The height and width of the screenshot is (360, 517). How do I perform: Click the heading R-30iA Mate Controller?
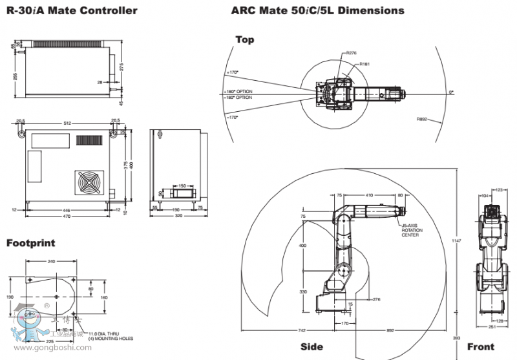pos(72,10)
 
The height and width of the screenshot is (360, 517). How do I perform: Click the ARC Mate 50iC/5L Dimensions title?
pos(317,10)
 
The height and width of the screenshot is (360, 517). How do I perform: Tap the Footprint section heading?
pos(30,243)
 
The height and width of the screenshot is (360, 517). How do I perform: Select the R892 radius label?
pos(423,119)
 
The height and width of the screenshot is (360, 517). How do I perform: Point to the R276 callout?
pos(351,53)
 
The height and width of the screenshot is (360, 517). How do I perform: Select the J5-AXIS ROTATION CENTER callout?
pos(412,230)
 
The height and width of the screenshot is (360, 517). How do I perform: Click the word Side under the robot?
pos(311,347)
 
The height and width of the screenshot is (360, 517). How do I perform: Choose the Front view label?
pos(480,347)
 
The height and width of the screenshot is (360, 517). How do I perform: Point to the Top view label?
pos(245,39)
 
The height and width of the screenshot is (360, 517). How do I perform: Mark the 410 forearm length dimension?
pos(369,194)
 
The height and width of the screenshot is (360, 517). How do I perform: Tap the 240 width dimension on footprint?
pos(52,262)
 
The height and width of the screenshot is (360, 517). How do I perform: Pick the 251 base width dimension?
pos(492,327)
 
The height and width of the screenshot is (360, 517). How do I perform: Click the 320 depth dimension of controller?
pos(179,216)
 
